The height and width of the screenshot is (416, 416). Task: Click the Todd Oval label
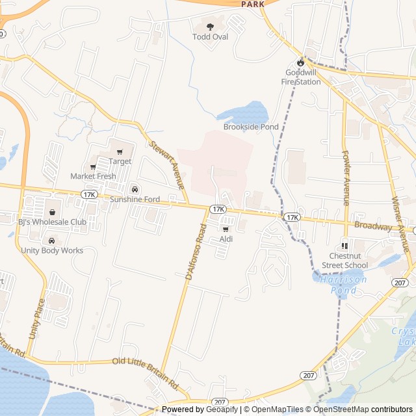210,37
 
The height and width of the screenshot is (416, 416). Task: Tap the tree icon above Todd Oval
210,27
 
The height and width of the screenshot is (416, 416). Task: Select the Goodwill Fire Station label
300,77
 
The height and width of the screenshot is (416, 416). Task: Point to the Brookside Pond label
251,127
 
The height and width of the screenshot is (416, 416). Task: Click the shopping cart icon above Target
120,152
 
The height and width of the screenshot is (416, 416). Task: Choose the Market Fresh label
93,176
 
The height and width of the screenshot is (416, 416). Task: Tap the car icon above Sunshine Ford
134,189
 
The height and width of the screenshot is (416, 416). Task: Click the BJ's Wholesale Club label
52,222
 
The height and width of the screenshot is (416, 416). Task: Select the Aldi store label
226,239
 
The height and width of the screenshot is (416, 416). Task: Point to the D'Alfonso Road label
194,253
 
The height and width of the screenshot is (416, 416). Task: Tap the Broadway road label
373,226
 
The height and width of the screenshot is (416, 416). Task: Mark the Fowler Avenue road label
346,178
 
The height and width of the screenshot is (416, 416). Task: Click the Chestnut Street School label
344,261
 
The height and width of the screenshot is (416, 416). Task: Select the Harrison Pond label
343,285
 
